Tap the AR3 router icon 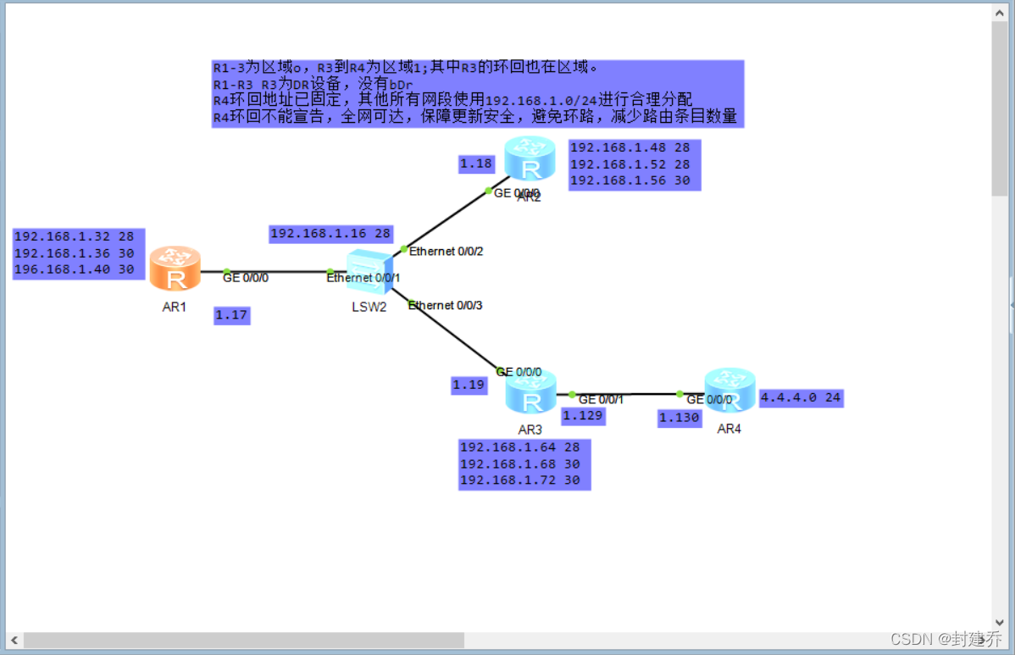pos(530,392)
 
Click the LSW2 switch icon pos(370,273)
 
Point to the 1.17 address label pos(232,315)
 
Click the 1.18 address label pos(476,164)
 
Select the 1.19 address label pos(469,385)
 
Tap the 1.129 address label pos(583,415)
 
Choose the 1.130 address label pos(679,418)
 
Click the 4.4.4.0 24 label pos(801,397)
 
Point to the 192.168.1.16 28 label pos(330,233)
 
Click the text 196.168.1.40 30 pos(75,269)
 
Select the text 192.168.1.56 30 pos(630,180)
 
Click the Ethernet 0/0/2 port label pos(446,251)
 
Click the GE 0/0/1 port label pos(601,399)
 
